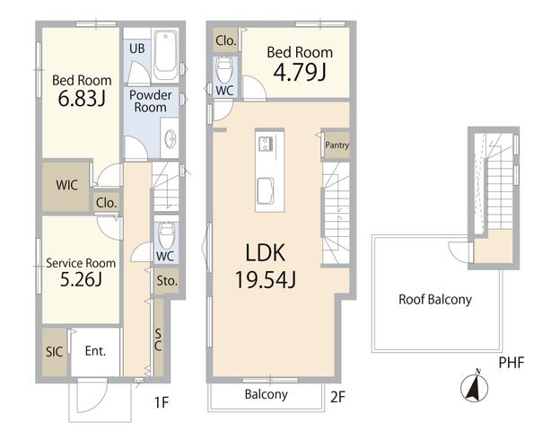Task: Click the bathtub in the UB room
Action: (166, 56)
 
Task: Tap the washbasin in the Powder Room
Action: (171, 138)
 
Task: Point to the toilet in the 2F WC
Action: (224, 69)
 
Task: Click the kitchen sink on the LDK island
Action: (266, 191)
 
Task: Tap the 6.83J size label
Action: (82, 99)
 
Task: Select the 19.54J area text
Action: (266, 279)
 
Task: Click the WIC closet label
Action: (66, 185)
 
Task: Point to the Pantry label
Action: (337, 145)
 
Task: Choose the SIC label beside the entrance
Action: (54, 352)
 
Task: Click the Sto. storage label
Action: (167, 281)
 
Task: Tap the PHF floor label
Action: (512, 363)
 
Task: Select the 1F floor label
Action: (162, 402)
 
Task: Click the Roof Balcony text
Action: (435, 300)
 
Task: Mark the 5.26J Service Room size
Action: (81, 280)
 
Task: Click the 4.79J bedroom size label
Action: (300, 73)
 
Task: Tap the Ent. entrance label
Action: (96, 351)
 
